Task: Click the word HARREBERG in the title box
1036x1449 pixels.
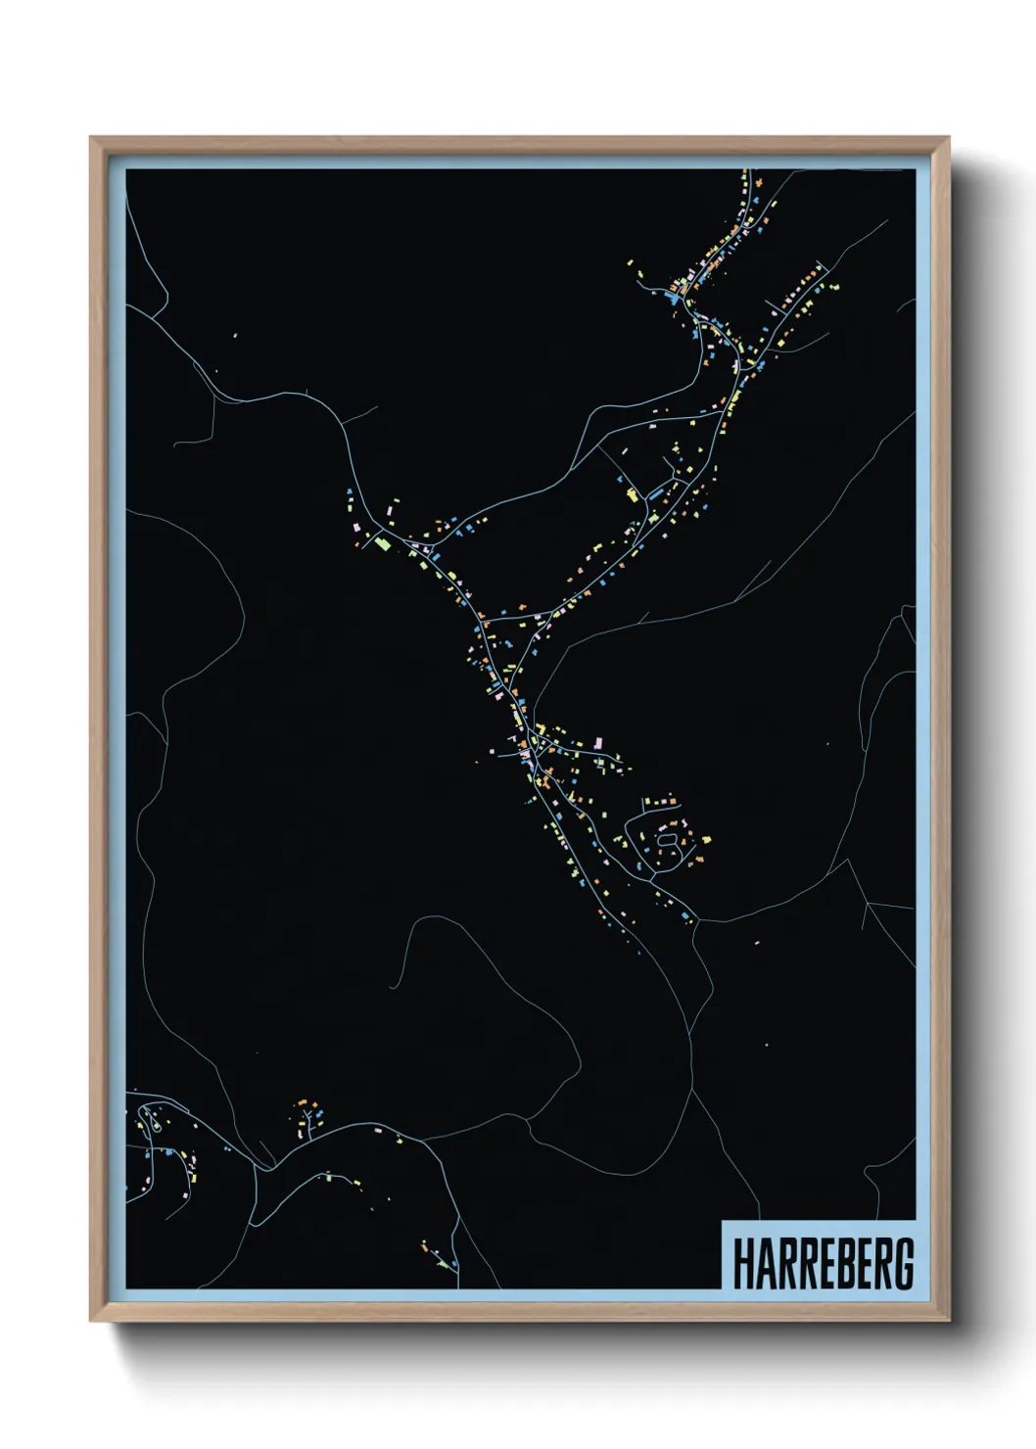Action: [823, 1264]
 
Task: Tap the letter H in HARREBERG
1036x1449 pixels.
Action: [741, 1264]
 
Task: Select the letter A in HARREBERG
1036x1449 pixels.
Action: [761, 1264]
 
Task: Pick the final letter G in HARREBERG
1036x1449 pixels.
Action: [904, 1264]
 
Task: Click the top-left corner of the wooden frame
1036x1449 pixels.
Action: [92, 139]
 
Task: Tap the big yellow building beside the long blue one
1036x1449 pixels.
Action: [633, 494]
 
